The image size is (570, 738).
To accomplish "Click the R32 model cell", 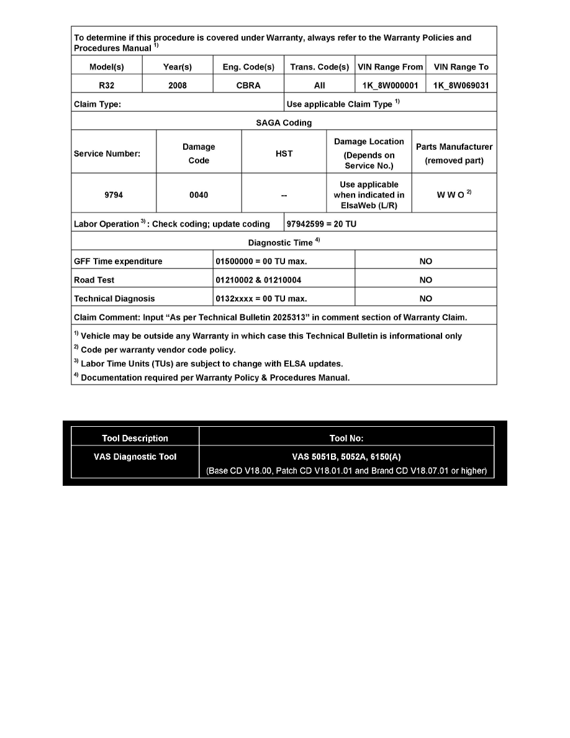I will pos(106,85).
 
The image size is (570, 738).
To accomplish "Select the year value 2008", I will pos(178,85).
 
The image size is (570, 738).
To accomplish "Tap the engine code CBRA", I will pos(248,85).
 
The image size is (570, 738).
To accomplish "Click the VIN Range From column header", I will pos(391,66).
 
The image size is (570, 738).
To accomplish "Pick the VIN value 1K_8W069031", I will pos(461,85).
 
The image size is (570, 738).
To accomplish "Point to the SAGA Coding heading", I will pos(284,122).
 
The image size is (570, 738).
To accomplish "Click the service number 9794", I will pos(114,195).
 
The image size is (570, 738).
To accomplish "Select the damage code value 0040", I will pos(199,195).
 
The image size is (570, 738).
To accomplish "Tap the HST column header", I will pos(284,153).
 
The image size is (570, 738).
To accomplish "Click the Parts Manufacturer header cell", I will pos(454,153).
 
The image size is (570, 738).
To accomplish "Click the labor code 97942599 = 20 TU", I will pos(321,224).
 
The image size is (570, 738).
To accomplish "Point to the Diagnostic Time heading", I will pos(281,242).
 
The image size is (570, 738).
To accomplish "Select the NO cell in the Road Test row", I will pos(426,280).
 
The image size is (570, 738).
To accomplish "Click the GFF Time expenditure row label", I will pos(118,262).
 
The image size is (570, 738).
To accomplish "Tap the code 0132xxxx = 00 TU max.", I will pos(261,299).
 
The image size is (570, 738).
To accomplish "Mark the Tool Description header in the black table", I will pos(135,438).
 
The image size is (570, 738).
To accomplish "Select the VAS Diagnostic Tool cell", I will pos(135,457).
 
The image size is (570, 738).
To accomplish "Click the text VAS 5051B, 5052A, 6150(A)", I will pos(346,457).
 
